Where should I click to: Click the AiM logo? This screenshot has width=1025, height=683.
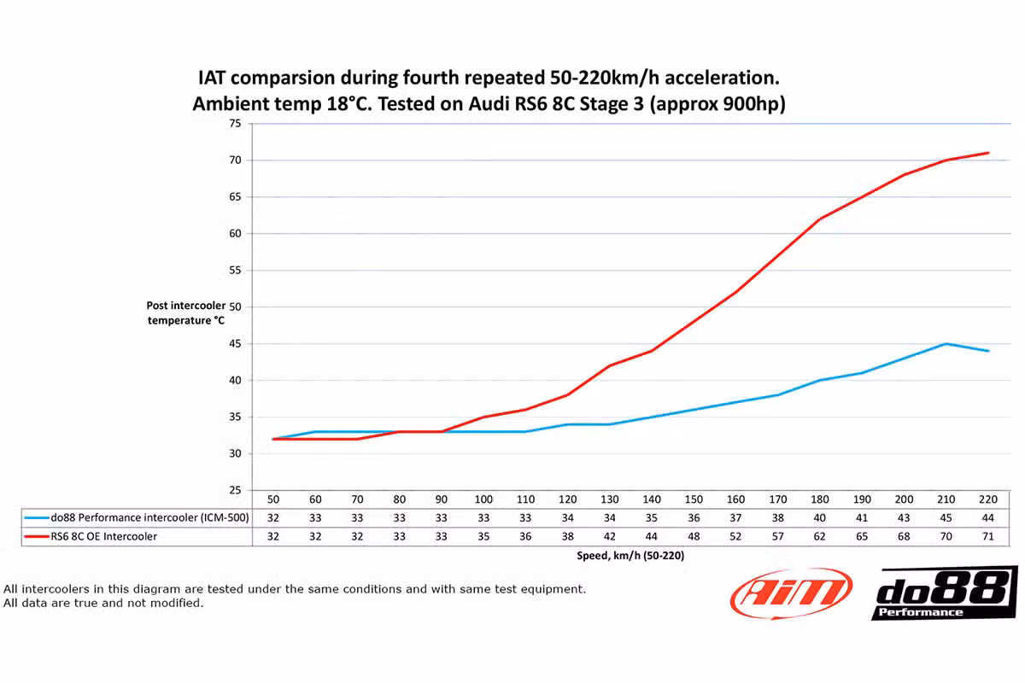(791, 592)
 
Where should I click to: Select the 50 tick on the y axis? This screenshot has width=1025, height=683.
(235, 307)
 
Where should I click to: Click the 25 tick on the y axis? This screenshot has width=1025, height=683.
(235, 491)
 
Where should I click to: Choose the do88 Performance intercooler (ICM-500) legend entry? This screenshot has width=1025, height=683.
(137, 517)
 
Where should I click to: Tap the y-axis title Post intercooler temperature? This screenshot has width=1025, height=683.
(185, 313)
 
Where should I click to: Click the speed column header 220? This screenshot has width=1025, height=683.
(988, 499)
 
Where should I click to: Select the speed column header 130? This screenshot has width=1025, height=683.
(610, 499)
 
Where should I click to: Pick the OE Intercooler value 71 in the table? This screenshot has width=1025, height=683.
(988, 536)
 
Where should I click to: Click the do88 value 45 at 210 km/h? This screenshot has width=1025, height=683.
(946, 517)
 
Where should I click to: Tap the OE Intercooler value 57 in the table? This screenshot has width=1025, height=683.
(778, 536)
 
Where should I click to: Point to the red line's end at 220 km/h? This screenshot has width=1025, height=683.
(988, 153)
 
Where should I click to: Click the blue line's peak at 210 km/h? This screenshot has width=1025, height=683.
(946, 344)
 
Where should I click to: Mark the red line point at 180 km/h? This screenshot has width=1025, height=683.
(820, 219)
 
